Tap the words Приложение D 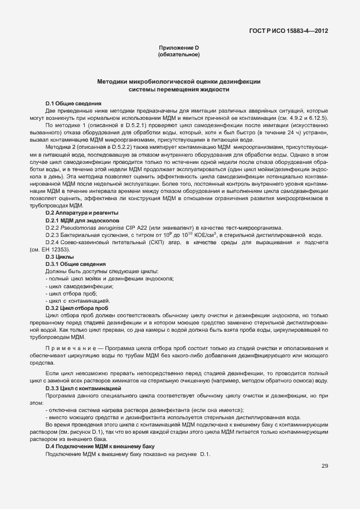(179, 49)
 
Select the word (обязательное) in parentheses (179, 55)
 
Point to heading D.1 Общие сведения (73, 104)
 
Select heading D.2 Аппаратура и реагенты (81, 213)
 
